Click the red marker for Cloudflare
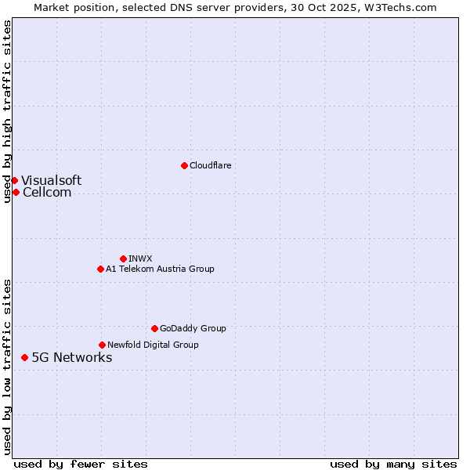tap(184, 165)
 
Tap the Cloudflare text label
tap(210, 165)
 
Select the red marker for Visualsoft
tap(14, 180)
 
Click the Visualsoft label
tap(51, 180)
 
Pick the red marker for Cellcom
tap(16, 192)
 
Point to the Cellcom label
tap(47, 192)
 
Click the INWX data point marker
tap(123, 258)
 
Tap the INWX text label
tap(140, 258)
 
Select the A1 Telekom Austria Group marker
tap(100, 269)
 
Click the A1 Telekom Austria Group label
tap(160, 269)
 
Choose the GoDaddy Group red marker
tap(154, 328)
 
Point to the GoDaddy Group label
tap(193, 328)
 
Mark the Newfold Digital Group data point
tap(102, 345)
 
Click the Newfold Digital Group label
tap(153, 345)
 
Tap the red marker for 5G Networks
tap(24, 357)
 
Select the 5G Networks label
tap(71, 357)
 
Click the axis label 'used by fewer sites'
tap(81, 464)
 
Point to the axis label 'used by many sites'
tap(392, 464)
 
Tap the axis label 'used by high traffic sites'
tap(7, 111)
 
